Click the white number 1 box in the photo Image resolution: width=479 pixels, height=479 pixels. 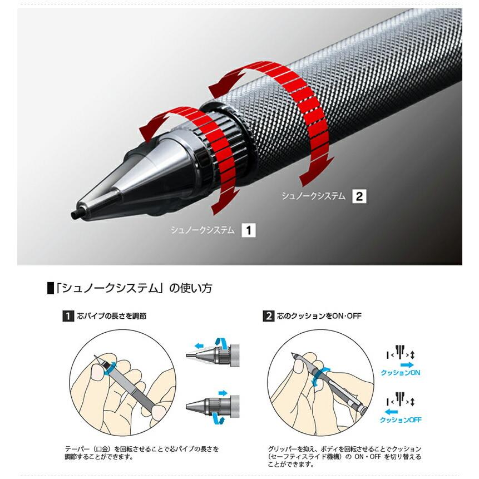point(248,230)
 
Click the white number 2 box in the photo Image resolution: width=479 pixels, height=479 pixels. point(359,196)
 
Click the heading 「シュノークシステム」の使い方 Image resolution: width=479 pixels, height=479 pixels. point(133,288)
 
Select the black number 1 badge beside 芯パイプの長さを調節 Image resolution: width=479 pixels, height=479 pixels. point(68,316)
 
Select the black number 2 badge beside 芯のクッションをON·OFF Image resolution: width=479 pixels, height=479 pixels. point(268,316)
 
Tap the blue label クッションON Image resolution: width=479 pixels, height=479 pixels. point(400,373)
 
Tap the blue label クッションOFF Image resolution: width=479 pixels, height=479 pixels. point(401,420)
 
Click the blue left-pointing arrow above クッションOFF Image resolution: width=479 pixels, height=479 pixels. point(392,411)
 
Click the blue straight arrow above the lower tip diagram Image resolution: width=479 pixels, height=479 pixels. point(223,393)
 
